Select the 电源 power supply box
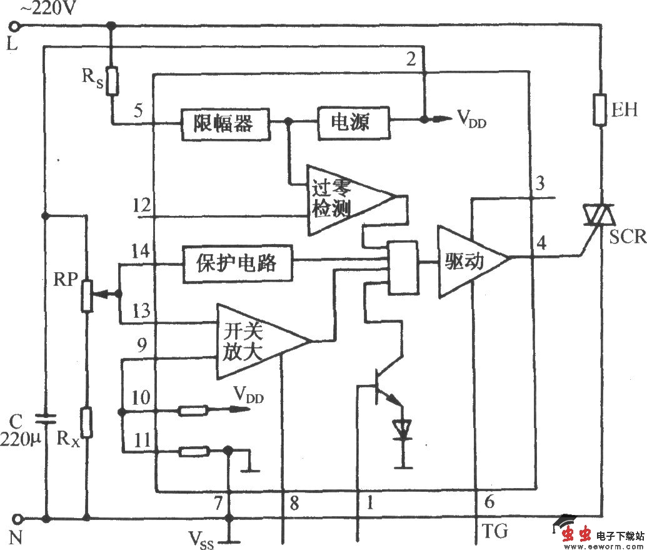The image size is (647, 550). click(x=351, y=121)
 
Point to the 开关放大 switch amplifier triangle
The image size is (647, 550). click(x=253, y=341)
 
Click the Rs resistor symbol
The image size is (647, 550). click(x=112, y=81)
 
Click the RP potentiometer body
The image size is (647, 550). click(x=86, y=293)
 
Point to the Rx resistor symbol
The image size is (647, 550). click(x=87, y=422)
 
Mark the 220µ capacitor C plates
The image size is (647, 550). click(x=44, y=417)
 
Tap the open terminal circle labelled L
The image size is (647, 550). click(x=16, y=26)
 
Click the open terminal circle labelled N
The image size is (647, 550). click(x=16, y=518)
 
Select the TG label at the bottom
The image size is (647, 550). click(x=496, y=532)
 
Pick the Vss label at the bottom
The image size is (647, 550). click(x=201, y=539)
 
